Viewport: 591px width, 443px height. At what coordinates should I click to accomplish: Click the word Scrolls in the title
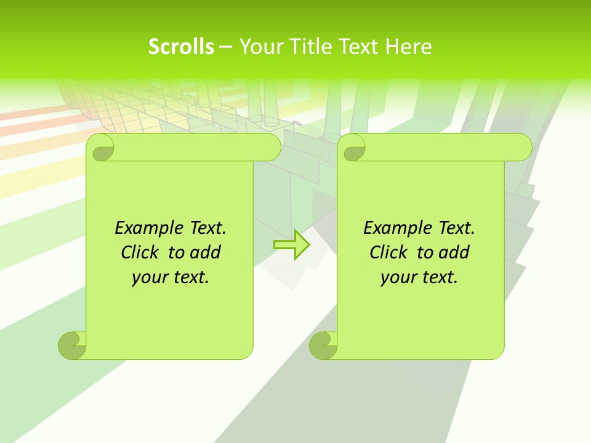181,47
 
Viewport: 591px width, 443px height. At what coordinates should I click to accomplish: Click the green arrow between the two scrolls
291,245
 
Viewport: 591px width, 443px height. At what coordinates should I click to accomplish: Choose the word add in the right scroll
454,252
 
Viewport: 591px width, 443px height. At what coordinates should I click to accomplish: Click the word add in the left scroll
206,252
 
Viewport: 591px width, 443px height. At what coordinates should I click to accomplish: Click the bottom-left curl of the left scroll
72,345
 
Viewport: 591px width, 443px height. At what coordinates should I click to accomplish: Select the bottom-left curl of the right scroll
323,345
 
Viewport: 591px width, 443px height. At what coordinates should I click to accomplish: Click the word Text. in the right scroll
456,228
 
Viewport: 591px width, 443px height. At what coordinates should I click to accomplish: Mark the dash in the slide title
226,47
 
